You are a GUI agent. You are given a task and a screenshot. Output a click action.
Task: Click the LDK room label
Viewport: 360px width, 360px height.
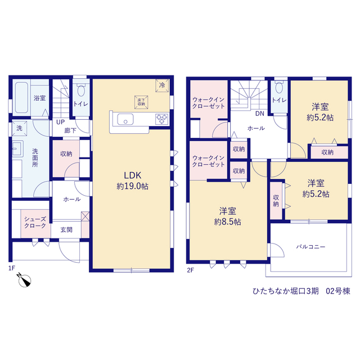click(x=133, y=175)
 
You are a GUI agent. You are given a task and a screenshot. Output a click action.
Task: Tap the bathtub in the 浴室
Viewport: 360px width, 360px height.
click(x=22, y=98)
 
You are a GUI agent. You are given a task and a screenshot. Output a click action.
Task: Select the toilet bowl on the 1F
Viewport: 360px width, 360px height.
click(x=81, y=89)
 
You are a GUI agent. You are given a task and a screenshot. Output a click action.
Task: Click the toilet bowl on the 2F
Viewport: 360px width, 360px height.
click(x=279, y=87)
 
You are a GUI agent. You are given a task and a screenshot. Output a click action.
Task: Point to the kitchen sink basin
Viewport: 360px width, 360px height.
click(x=125, y=119)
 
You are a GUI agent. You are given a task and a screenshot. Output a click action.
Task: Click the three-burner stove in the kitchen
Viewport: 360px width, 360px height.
click(x=162, y=119)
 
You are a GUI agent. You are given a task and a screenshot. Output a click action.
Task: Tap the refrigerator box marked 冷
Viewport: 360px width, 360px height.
click(x=163, y=85)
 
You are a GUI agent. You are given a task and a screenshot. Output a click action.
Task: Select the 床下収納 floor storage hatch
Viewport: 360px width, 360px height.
click(x=141, y=102)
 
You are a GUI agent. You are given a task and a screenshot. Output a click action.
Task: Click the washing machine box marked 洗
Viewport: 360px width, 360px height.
click(x=20, y=128)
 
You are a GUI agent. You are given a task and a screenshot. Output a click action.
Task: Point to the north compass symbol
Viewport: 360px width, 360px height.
click(x=24, y=280)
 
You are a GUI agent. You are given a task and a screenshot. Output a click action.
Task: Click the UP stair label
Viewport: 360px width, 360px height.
click(x=60, y=122)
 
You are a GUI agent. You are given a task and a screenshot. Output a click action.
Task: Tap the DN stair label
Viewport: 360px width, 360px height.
click(x=260, y=114)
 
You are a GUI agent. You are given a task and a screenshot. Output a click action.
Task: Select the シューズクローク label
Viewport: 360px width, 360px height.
click(x=35, y=222)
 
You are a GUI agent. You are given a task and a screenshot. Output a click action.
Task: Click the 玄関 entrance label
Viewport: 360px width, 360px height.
click(x=66, y=229)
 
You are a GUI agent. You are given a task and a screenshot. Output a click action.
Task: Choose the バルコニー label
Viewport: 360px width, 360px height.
click(x=310, y=247)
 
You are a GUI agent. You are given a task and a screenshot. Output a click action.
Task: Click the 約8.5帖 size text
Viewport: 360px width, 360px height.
click(x=227, y=222)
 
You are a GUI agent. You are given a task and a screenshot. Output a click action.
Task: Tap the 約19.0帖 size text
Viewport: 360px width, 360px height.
click(x=133, y=186)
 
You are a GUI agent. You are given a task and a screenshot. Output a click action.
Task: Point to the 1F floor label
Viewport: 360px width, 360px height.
click(x=11, y=268)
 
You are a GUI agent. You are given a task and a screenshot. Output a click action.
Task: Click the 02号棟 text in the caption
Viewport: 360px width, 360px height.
click(x=338, y=291)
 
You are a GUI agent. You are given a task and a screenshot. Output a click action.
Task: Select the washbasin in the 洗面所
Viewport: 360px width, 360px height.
click(x=17, y=148)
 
